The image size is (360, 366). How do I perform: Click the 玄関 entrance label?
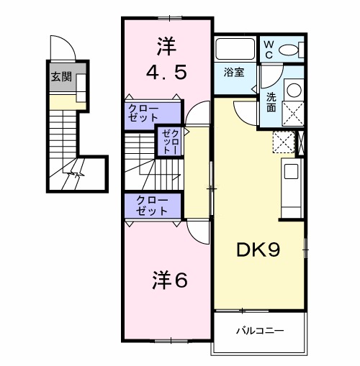(60, 77)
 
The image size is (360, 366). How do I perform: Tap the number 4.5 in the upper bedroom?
(167, 72)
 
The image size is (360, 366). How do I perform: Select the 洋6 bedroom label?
(170, 280)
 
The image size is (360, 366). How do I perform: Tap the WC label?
(268, 49)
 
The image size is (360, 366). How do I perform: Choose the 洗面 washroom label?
(271, 101)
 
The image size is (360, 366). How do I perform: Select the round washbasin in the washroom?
(294, 91)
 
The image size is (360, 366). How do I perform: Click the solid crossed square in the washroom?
(294, 114)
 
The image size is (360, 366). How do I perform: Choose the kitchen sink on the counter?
(291, 171)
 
